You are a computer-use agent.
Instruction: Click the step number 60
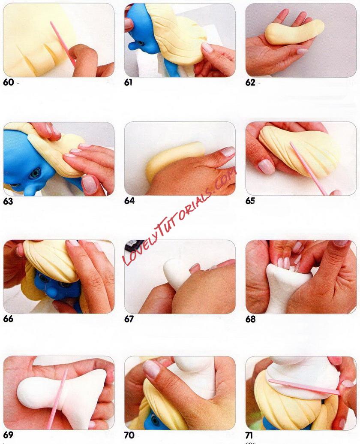(x=8, y=82)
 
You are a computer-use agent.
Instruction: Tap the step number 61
(x=129, y=82)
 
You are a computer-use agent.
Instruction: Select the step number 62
(x=250, y=82)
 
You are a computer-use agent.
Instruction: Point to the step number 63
(x=8, y=201)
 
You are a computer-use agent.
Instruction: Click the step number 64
(x=129, y=201)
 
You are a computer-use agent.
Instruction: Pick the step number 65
(x=250, y=201)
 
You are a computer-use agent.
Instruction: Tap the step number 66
(x=8, y=319)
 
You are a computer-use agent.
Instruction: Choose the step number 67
(x=129, y=319)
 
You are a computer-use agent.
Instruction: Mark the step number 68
(x=250, y=319)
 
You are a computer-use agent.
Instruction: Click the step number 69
(x=8, y=435)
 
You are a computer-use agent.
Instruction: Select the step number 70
(x=129, y=435)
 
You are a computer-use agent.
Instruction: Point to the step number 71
(x=249, y=435)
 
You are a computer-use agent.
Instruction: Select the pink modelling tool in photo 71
(x=304, y=387)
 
